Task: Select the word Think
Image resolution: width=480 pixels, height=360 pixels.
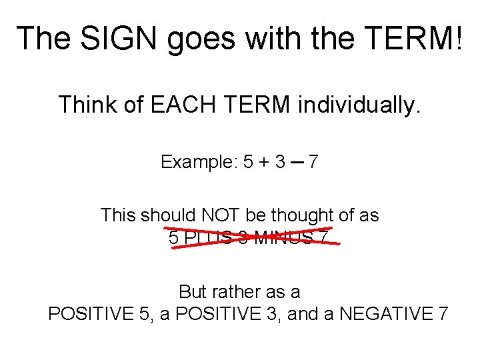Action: click(x=84, y=105)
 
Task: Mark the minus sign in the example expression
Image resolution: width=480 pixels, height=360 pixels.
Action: click(x=297, y=163)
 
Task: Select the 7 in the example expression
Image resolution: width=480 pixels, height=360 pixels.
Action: click(x=313, y=162)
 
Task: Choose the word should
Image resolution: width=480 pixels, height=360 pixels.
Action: click(x=159, y=215)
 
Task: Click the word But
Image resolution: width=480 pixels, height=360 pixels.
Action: click(x=193, y=292)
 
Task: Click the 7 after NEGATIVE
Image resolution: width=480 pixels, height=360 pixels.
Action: click(x=443, y=313)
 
